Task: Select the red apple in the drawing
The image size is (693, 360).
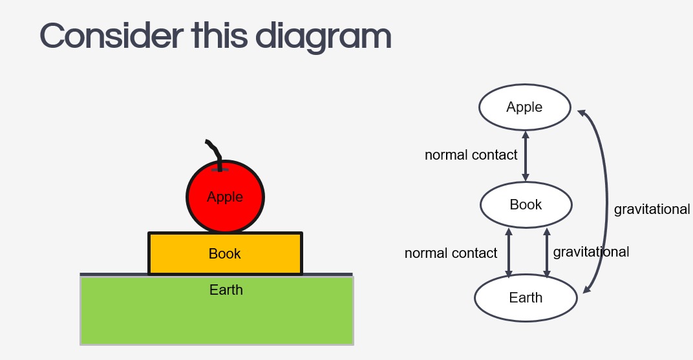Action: [x=225, y=213]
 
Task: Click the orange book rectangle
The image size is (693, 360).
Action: [x=175, y=254]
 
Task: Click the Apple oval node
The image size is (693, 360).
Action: [x=524, y=107]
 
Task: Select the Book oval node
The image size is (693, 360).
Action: [x=526, y=205]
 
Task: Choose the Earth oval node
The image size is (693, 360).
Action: [x=526, y=298]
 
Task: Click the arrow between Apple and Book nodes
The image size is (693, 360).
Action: [x=526, y=156]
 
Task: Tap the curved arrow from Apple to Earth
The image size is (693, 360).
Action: [x=607, y=200]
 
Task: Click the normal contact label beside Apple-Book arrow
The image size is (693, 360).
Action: [x=471, y=155]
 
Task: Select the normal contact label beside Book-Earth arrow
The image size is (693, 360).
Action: [x=451, y=253]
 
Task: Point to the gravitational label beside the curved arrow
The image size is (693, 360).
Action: [x=652, y=209]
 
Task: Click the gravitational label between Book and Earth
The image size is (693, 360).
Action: [x=591, y=252]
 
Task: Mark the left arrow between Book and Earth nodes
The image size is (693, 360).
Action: [x=509, y=253]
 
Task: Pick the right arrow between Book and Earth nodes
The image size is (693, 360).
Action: [x=547, y=253]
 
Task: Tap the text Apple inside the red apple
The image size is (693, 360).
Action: [x=225, y=197]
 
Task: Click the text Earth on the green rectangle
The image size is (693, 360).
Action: [x=226, y=290]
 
